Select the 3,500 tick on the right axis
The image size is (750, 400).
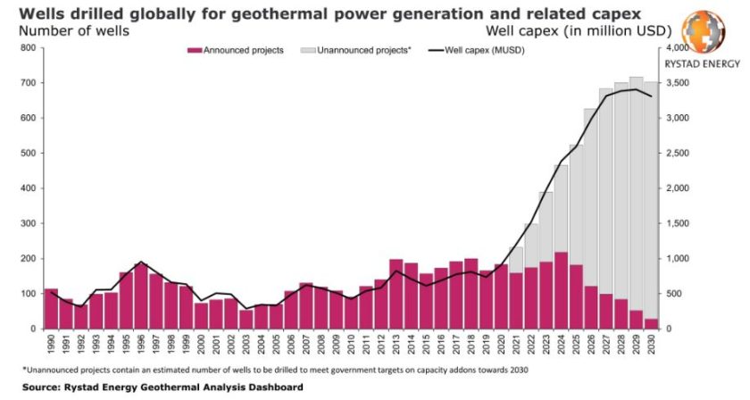point(680,83)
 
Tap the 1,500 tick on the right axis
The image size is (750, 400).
point(680,224)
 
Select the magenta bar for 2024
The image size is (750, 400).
point(561,291)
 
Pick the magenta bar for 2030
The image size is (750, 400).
point(651,324)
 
